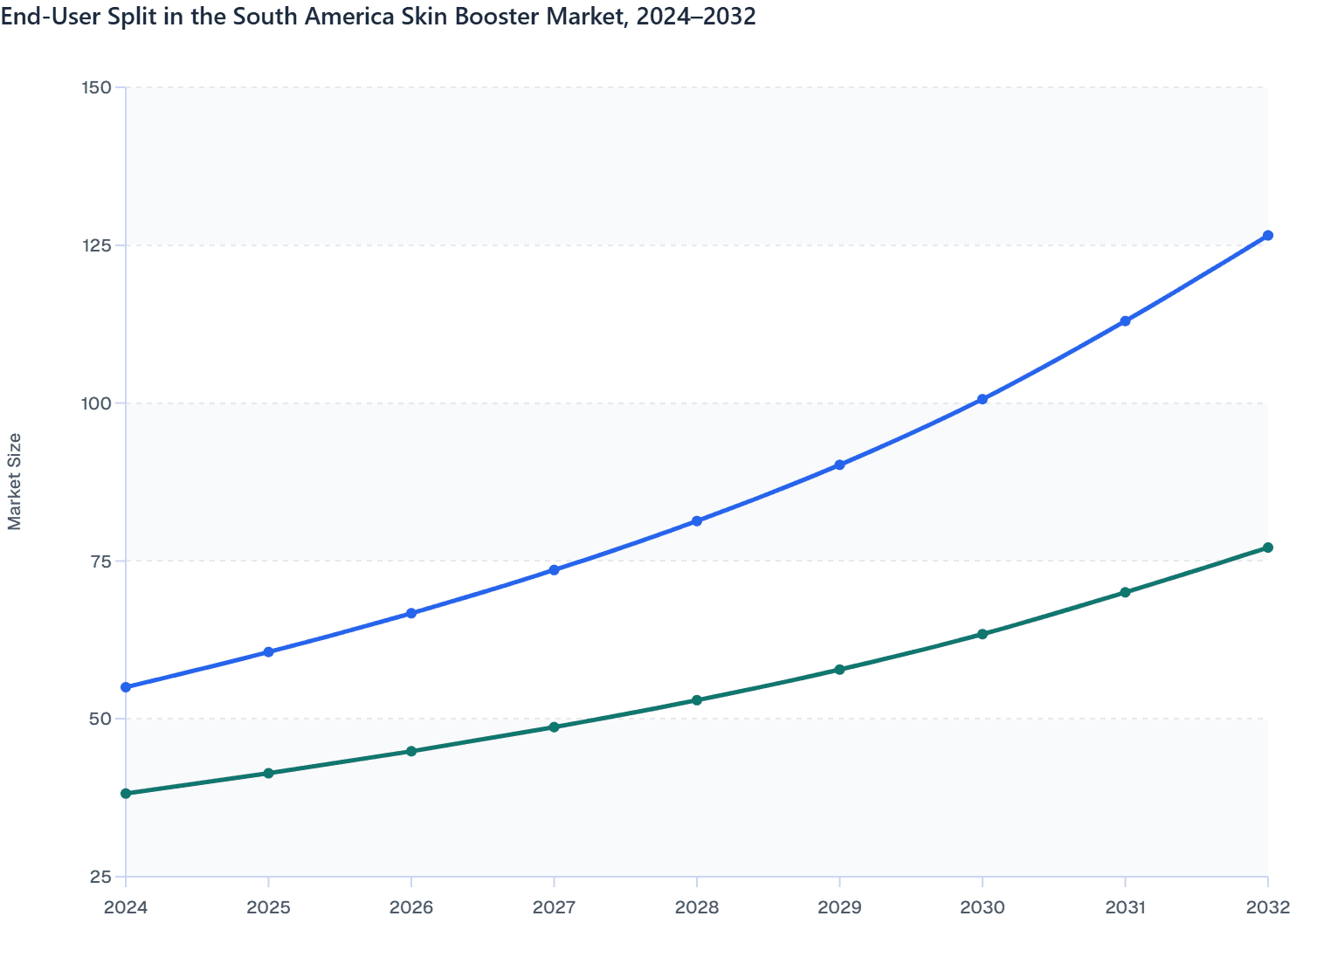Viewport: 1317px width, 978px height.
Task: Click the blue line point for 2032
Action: [x=1267, y=236]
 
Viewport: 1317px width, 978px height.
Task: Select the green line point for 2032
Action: [x=1267, y=548]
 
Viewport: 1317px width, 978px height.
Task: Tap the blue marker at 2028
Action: [x=697, y=521]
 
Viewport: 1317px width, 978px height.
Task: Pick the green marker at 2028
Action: [x=697, y=700]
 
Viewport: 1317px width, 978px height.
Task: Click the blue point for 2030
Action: [x=983, y=399]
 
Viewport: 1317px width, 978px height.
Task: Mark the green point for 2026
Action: [x=411, y=751]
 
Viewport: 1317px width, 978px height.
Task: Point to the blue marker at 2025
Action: [x=269, y=652]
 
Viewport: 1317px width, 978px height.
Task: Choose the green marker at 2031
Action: [x=1125, y=592]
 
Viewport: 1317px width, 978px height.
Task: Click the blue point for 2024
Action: [x=126, y=687]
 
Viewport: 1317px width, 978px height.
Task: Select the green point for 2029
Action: [x=839, y=670]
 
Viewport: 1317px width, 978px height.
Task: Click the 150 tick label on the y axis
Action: [x=96, y=87]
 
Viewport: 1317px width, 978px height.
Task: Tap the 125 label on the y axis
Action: [x=96, y=245]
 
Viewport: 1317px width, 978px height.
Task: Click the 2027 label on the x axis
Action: [x=554, y=907]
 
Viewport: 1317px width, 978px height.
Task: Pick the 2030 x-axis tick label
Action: [x=983, y=907]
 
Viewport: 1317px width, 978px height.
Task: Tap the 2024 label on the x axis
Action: [x=126, y=907]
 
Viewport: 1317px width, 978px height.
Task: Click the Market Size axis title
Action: [x=15, y=481]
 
